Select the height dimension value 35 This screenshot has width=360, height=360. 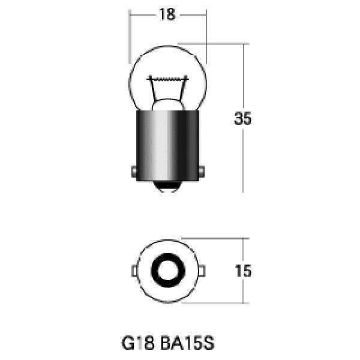242,119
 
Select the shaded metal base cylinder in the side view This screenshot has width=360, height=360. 168,144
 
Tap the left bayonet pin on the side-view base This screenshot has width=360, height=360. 132,171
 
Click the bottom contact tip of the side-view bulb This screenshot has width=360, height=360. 168,188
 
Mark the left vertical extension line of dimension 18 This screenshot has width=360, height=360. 130,36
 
